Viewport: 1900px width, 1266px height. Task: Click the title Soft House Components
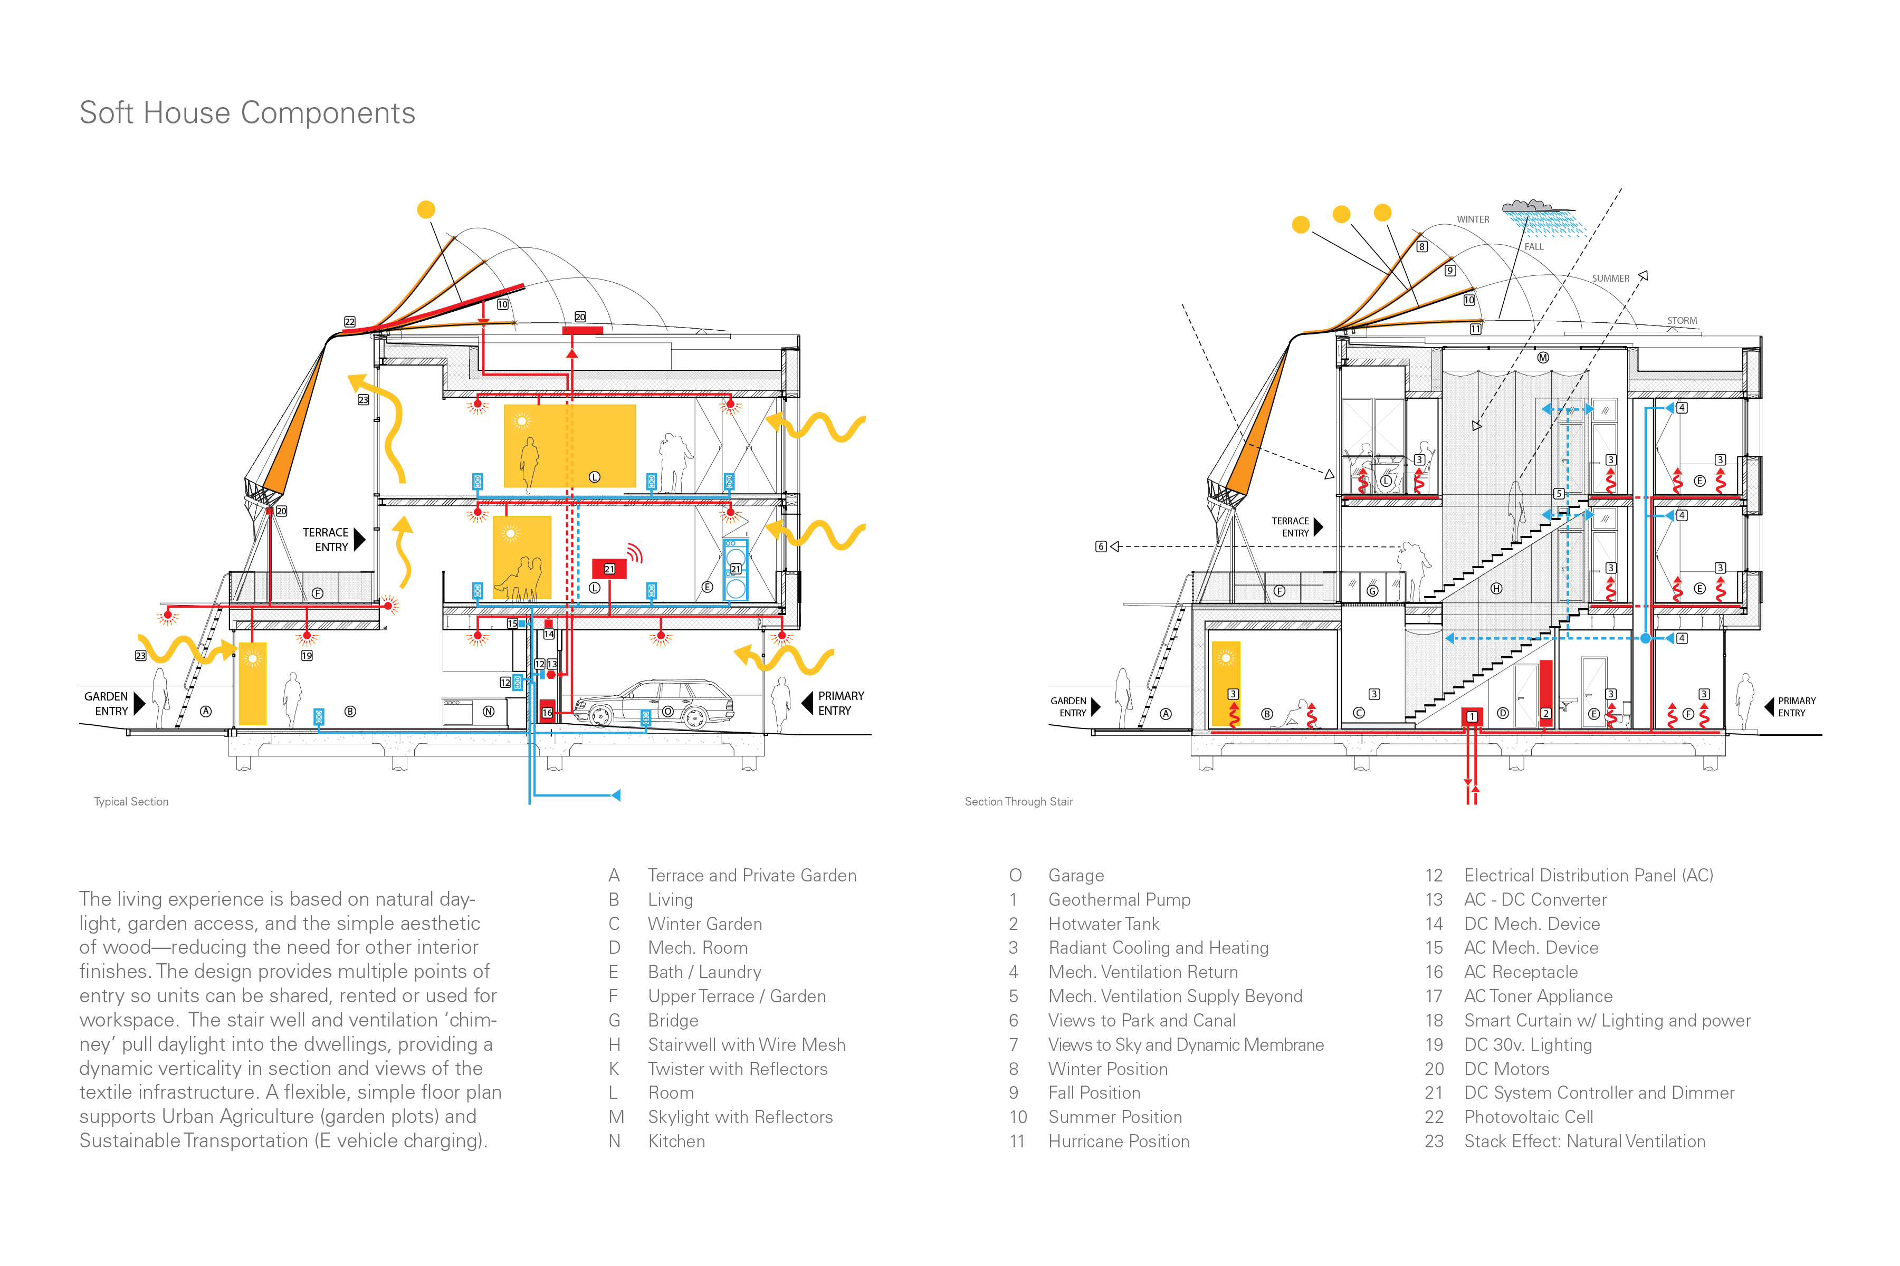point(247,113)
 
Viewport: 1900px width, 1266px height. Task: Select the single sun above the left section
point(426,210)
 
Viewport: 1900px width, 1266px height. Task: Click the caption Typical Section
point(131,802)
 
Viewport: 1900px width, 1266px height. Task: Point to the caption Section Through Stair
point(1018,802)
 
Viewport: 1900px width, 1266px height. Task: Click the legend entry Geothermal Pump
point(1119,899)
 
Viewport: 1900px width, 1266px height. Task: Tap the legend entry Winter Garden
point(704,924)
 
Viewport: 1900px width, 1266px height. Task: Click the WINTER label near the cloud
point(1473,219)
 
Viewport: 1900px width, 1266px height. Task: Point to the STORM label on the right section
point(1682,321)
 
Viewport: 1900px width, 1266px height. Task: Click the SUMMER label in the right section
point(1610,279)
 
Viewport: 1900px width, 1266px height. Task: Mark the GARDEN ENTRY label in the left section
point(107,703)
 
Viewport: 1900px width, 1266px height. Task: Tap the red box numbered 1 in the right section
point(1471,716)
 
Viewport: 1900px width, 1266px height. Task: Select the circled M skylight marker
point(1543,358)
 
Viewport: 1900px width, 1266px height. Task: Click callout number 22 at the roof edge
point(350,321)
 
